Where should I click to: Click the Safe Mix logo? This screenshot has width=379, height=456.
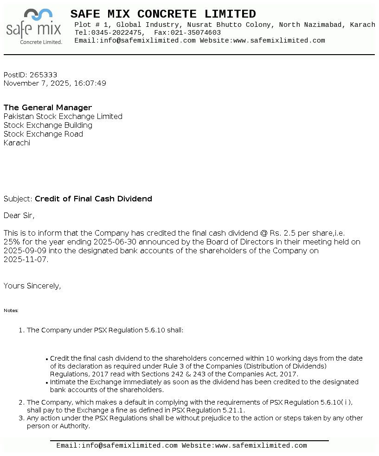[x=34, y=27]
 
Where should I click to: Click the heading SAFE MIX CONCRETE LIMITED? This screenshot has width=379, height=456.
[x=163, y=14]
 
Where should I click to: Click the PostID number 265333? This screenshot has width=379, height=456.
[x=43, y=75]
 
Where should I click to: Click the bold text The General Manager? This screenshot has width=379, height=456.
[x=48, y=108]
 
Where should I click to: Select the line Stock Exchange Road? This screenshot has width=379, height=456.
[x=43, y=134]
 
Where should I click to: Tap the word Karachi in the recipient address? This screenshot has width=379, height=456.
[x=17, y=143]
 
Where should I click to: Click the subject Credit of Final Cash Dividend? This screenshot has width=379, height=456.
[x=93, y=199]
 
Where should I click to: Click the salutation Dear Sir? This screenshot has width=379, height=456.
[x=19, y=216]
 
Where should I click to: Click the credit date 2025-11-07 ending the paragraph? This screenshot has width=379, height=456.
[x=26, y=260]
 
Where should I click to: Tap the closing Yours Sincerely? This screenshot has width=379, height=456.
[x=32, y=286]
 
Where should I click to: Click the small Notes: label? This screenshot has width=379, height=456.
[x=11, y=311]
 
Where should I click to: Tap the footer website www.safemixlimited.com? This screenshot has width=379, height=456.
[x=261, y=446]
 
